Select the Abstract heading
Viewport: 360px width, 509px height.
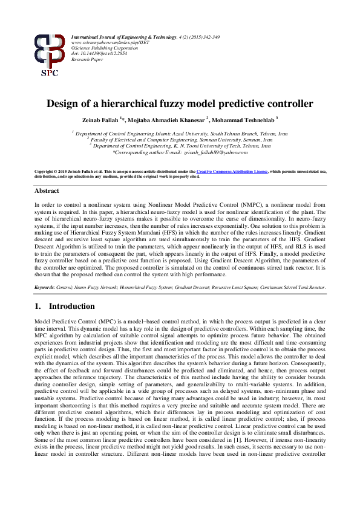click(47, 191)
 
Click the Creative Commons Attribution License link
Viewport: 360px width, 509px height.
click(231, 172)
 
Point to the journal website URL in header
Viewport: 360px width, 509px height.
click(102, 43)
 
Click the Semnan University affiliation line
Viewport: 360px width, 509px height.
click(180, 137)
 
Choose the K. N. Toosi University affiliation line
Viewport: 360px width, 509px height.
click(180, 145)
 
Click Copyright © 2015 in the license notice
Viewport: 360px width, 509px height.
click(51, 172)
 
